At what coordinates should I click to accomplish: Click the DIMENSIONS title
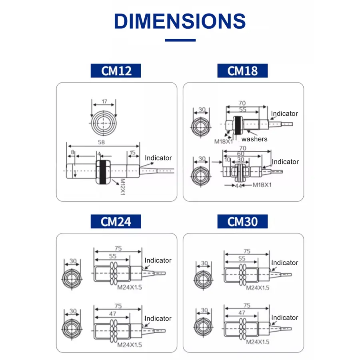click(x=180, y=21)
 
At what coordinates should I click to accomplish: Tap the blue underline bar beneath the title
click(x=180, y=40)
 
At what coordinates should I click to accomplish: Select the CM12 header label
click(x=116, y=71)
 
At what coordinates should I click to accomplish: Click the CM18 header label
click(x=242, y=71)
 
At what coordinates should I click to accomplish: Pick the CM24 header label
click(x=116, y=221)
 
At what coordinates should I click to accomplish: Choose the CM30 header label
click(x=242, y=221)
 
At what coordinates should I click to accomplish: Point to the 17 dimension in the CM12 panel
click(x=104, y=102)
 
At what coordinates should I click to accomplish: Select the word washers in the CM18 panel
click(x=254, y=139)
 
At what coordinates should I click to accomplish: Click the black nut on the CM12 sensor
click(x=103, y=172)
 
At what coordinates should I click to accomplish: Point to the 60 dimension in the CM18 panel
click(x=240, y=154)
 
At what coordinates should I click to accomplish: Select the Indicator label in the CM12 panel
click(x=158, y=158)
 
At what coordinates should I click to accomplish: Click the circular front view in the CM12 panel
click(x=104, y=123)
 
